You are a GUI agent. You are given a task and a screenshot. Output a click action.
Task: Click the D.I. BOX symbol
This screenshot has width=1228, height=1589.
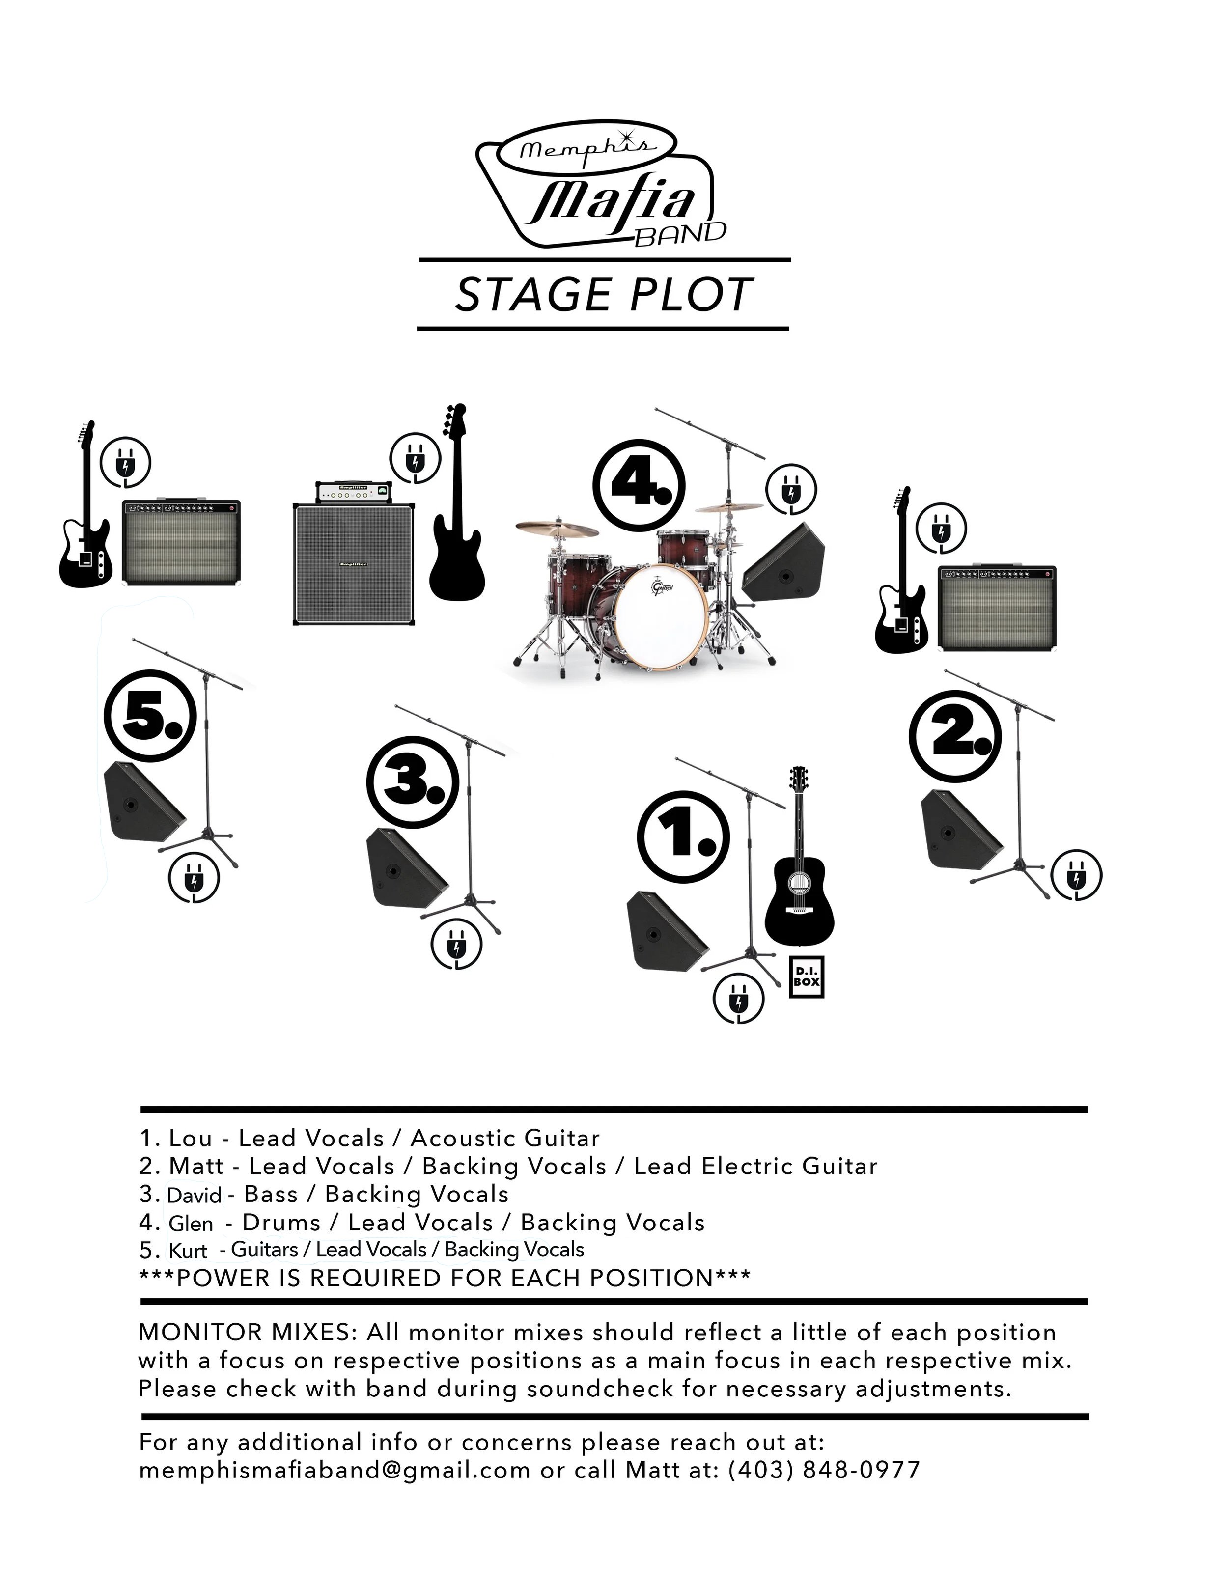click(x=806, y=976)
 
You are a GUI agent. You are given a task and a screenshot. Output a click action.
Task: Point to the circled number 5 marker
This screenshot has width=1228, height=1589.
click(x=150, y=715)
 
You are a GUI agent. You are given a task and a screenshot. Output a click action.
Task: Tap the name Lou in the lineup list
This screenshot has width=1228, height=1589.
click(x=190, y=1139)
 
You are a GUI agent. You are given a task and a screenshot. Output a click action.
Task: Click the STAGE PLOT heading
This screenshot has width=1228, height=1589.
click(x=603, y=295)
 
